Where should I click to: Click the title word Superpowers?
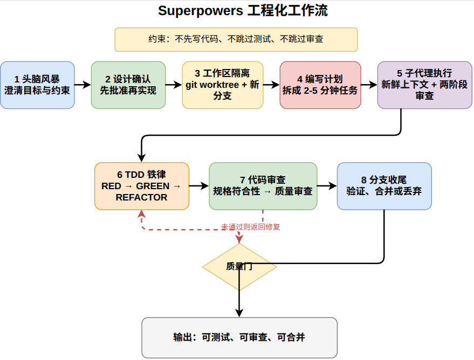point(200,11)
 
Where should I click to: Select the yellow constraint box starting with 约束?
point(236,39)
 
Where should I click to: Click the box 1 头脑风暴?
point(37,85)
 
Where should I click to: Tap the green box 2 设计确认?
point(128,85)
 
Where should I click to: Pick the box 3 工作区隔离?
point(222,85)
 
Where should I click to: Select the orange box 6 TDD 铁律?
point(142,186)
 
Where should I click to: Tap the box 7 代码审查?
point(263,186)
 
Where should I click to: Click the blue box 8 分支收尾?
point(384,186)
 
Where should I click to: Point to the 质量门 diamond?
point(239,266)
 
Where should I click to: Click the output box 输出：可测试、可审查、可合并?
point(239,337)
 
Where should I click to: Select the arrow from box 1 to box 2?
point(83,85)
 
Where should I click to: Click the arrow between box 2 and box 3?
point(174,85)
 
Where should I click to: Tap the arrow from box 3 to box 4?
point(271,85)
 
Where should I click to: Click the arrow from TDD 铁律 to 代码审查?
point(199,186)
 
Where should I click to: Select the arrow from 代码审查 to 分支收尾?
point(327,186)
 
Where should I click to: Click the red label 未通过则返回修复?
point(251,227)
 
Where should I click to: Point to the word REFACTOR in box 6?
point(142,197)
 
